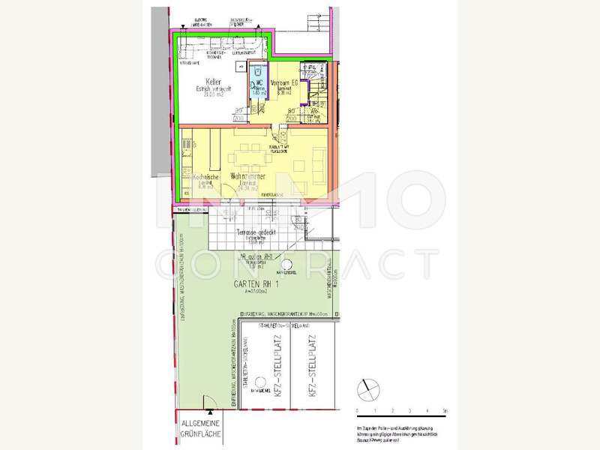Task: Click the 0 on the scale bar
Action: tap(358, 412)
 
